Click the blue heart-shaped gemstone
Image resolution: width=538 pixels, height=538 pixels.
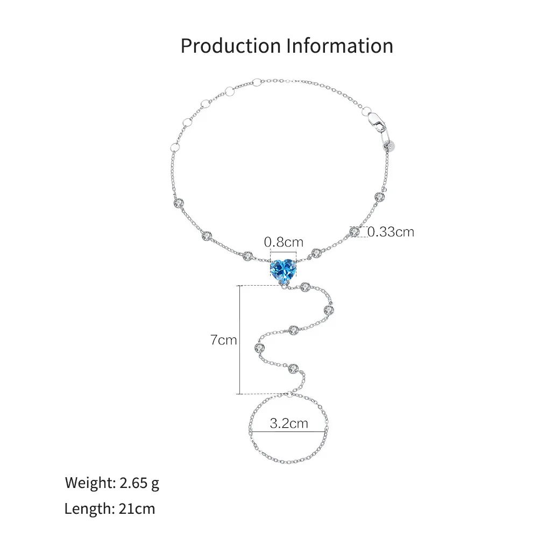283,270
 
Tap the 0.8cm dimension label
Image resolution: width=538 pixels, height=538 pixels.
284,242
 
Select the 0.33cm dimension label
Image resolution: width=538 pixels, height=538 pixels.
391,232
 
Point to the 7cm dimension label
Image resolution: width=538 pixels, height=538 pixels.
224,340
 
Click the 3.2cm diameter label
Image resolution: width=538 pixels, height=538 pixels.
289,423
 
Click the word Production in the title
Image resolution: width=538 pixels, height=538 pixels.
231,46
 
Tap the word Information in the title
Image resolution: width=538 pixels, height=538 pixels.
340,46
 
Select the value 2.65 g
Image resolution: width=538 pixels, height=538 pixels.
139,483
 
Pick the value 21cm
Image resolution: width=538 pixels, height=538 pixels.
137,508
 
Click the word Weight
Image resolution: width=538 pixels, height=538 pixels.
90,483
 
